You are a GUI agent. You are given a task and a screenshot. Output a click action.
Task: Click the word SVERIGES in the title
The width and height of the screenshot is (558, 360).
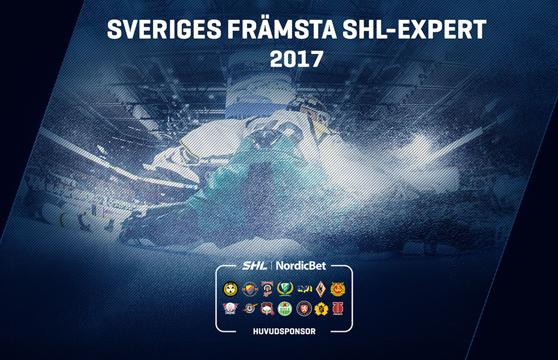pos(164,29)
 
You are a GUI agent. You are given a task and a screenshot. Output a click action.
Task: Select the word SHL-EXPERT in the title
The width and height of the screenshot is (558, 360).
pos(415,29)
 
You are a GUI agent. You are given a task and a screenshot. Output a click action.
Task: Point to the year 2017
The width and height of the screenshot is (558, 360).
pos(296,59)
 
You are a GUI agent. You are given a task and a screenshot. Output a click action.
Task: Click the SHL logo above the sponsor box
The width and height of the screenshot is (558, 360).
pos(254,265)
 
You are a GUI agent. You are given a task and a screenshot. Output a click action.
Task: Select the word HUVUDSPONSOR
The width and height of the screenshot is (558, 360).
pos(284,331)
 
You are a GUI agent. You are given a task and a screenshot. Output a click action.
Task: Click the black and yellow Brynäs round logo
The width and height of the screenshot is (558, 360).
pos(230,289)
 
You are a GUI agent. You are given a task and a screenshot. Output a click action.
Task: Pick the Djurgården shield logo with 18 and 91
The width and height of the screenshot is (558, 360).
pos(250,289)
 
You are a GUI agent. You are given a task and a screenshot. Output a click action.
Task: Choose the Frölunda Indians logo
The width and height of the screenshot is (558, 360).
pos(268,289)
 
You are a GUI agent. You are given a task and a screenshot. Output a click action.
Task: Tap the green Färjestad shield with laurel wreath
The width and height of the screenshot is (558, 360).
pos(284,289)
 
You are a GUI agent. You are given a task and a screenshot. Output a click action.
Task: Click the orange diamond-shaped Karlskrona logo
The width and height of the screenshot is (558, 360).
pos(321,289)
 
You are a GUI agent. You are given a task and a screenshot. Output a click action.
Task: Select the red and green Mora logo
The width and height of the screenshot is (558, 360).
pos(338,289)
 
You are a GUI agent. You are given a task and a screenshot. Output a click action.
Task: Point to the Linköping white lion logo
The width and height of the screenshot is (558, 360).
pos(230,308)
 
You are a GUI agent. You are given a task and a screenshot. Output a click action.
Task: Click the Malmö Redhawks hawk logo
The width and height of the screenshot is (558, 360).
pos(268,308)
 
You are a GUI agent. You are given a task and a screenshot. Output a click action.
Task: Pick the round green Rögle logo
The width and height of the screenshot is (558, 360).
pos(284,308)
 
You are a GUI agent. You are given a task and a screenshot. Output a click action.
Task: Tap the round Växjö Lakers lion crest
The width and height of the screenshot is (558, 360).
pos(304,308)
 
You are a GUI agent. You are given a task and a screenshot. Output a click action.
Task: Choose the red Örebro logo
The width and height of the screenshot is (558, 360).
pos(338,308)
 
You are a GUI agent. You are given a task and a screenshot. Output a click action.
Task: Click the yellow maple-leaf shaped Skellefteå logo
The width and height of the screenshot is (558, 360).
pos(321,308)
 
